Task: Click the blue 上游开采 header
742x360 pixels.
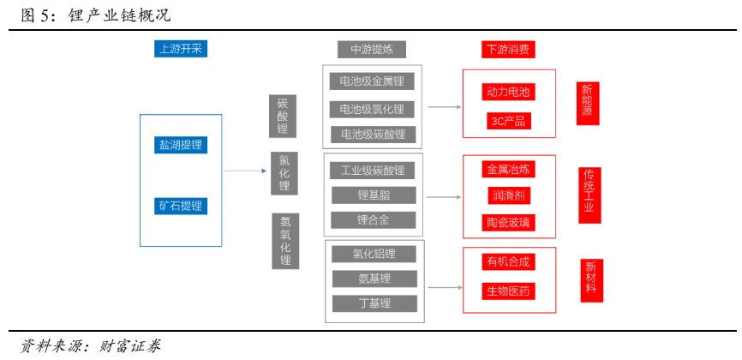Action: [x=180, y=49]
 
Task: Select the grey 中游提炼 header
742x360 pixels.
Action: [x=372, y=49]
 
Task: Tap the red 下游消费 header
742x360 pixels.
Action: [x=507, y=49]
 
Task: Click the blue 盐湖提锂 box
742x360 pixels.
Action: [x=181, y=145]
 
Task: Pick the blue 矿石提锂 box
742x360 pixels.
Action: [x=181, y=206]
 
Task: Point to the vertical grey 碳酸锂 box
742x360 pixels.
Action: [x=283, y=116]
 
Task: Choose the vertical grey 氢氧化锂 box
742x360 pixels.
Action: [x=285, y=241]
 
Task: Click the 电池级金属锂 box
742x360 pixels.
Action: [x=373, y=81]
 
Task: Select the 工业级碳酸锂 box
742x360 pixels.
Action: [x=373, y=170]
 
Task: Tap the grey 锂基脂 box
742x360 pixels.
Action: [x=374, y=195]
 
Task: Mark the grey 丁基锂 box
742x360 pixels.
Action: [x=374, y=303]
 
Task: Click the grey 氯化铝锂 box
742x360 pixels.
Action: [x=374, y=254]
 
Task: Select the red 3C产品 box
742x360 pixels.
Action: [x=508, y=120]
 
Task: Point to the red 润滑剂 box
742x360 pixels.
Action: [x=509, y=195]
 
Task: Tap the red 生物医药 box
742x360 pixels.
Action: [x=509, y=291]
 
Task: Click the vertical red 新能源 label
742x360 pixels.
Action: [x=587, y=100]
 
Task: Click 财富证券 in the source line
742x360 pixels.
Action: [x=134, y=346]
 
